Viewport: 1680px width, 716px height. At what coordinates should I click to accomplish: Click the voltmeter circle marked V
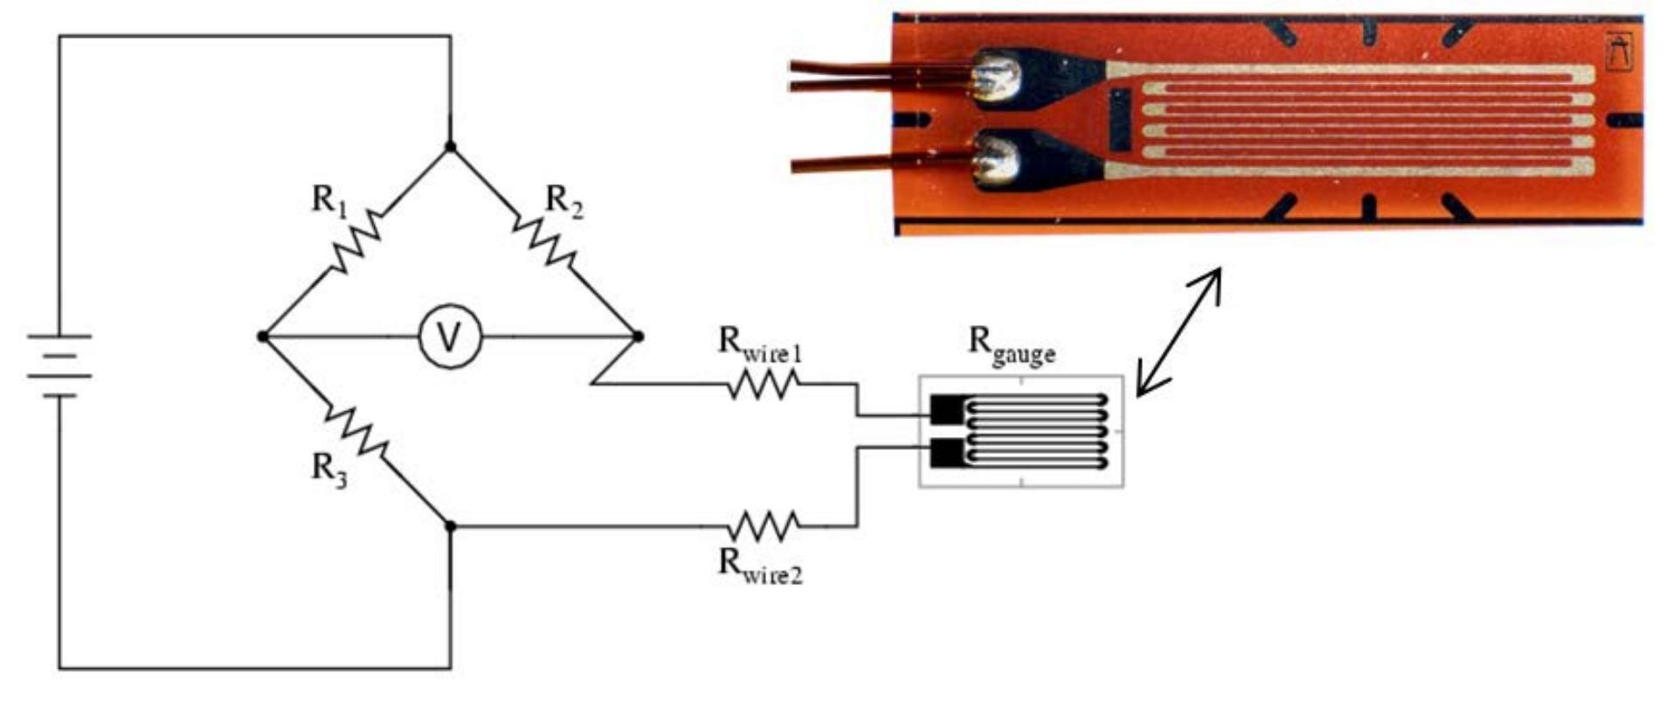(449, 337)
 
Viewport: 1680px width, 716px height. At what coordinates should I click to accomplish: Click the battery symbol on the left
(59, 365)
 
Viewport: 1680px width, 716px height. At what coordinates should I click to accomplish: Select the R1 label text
(329, 200)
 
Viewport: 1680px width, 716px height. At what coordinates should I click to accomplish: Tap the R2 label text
(563, 200)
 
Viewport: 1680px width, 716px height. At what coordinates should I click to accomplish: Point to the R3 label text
(329, 470)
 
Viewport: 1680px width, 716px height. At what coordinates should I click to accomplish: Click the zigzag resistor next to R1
(356, 241)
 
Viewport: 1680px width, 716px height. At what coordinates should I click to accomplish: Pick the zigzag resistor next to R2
(545, 240)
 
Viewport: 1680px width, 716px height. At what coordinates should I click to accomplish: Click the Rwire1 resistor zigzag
(763, 384)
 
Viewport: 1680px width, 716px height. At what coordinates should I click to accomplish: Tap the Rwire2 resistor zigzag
(763, 526)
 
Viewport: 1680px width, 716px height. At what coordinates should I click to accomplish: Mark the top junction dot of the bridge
(451, 147)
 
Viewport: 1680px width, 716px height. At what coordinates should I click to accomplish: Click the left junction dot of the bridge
(263, 337)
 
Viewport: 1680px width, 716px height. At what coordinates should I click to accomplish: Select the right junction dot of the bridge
(638, 337)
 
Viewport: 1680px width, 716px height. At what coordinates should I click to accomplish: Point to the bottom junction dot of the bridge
(451, 526)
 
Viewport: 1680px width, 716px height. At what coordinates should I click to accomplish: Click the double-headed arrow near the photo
(1178, 332)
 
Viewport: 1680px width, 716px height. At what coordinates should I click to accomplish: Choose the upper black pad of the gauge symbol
(945, 409)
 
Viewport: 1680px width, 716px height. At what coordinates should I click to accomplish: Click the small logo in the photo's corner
(1619, 52)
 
